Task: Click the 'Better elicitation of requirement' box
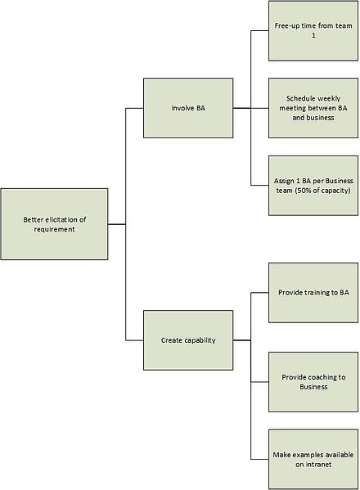pyautogui.click(x=54, y=224)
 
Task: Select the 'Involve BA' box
pyautogui.click(x=188, y=108)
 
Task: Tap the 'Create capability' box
pyautogui.click(x=188, y=340)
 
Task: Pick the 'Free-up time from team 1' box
pyautogui.click(x=313, y=31)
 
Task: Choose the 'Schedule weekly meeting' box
pyautogui.click(x=313, y=108)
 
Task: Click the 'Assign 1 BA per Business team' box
pyautogui.click(x=313, y=186)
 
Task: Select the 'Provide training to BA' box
pyautogui.click(x=313, y=293)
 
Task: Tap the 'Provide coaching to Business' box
pyautogui.click(x=313, y=382)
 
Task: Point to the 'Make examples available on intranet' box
pyautogui.click(x=313, y=460)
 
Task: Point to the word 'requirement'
pyautogui.click(x=54, y=229)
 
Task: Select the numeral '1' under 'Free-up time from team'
pyautogui.click(x=313, y=36)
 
